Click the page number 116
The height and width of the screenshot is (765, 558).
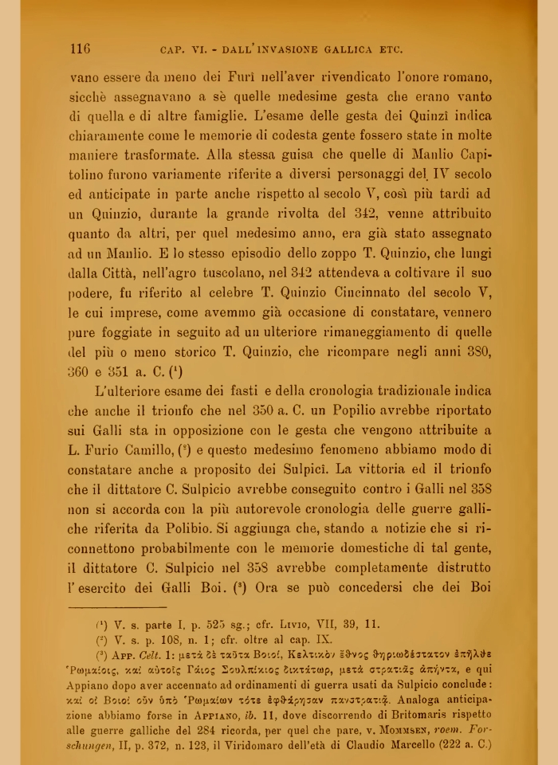[80, 49]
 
